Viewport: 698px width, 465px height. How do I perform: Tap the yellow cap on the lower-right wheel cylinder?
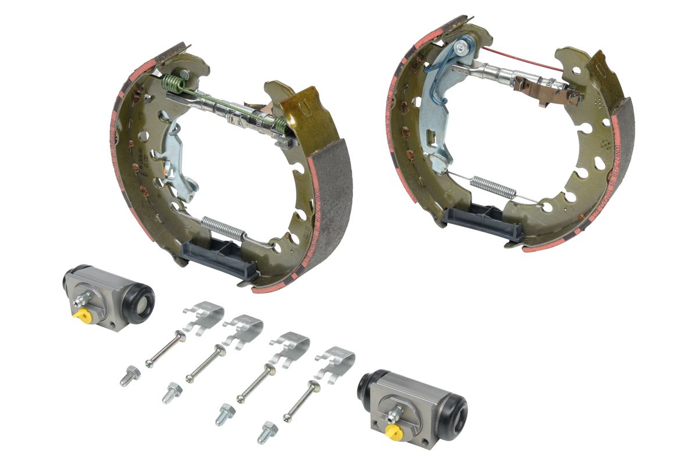click(x=394, y=431)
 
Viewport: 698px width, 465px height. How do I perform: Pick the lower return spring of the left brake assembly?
click(x=223, y=226)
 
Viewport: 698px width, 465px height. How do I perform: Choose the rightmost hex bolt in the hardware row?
click(x=267, y=432)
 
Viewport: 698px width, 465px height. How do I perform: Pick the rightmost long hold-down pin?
click(x=302, y=400)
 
